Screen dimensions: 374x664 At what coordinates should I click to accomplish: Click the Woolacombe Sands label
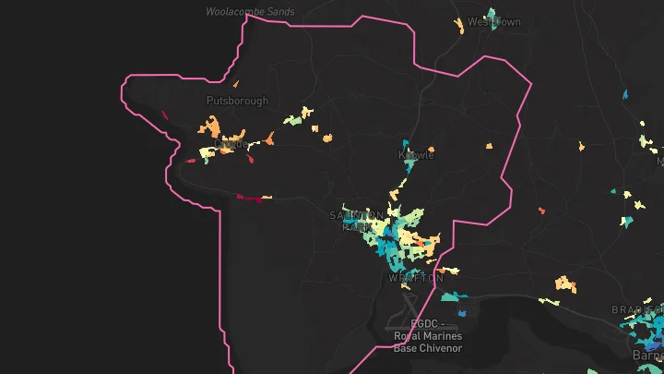pos(251,12)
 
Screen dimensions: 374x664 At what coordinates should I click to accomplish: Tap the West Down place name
pos(493,21)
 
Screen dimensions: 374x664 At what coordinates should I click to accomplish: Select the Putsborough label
pos(237,101)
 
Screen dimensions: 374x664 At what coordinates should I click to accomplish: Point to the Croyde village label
pos(233,146)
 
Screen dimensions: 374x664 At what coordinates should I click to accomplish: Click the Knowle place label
pos(416,155)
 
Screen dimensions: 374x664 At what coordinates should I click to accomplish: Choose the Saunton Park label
pos(351,221)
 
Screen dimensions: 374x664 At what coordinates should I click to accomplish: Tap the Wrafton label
pos(415,277)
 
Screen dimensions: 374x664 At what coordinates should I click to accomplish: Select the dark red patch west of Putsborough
pos(163,115)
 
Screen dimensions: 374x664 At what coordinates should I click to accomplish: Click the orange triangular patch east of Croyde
pos(269,139)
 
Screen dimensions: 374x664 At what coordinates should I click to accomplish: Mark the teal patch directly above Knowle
pos(405,144)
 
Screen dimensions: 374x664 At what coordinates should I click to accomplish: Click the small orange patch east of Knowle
pos(490,146)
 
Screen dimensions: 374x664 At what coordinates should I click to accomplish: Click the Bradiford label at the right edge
pos(636,309)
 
